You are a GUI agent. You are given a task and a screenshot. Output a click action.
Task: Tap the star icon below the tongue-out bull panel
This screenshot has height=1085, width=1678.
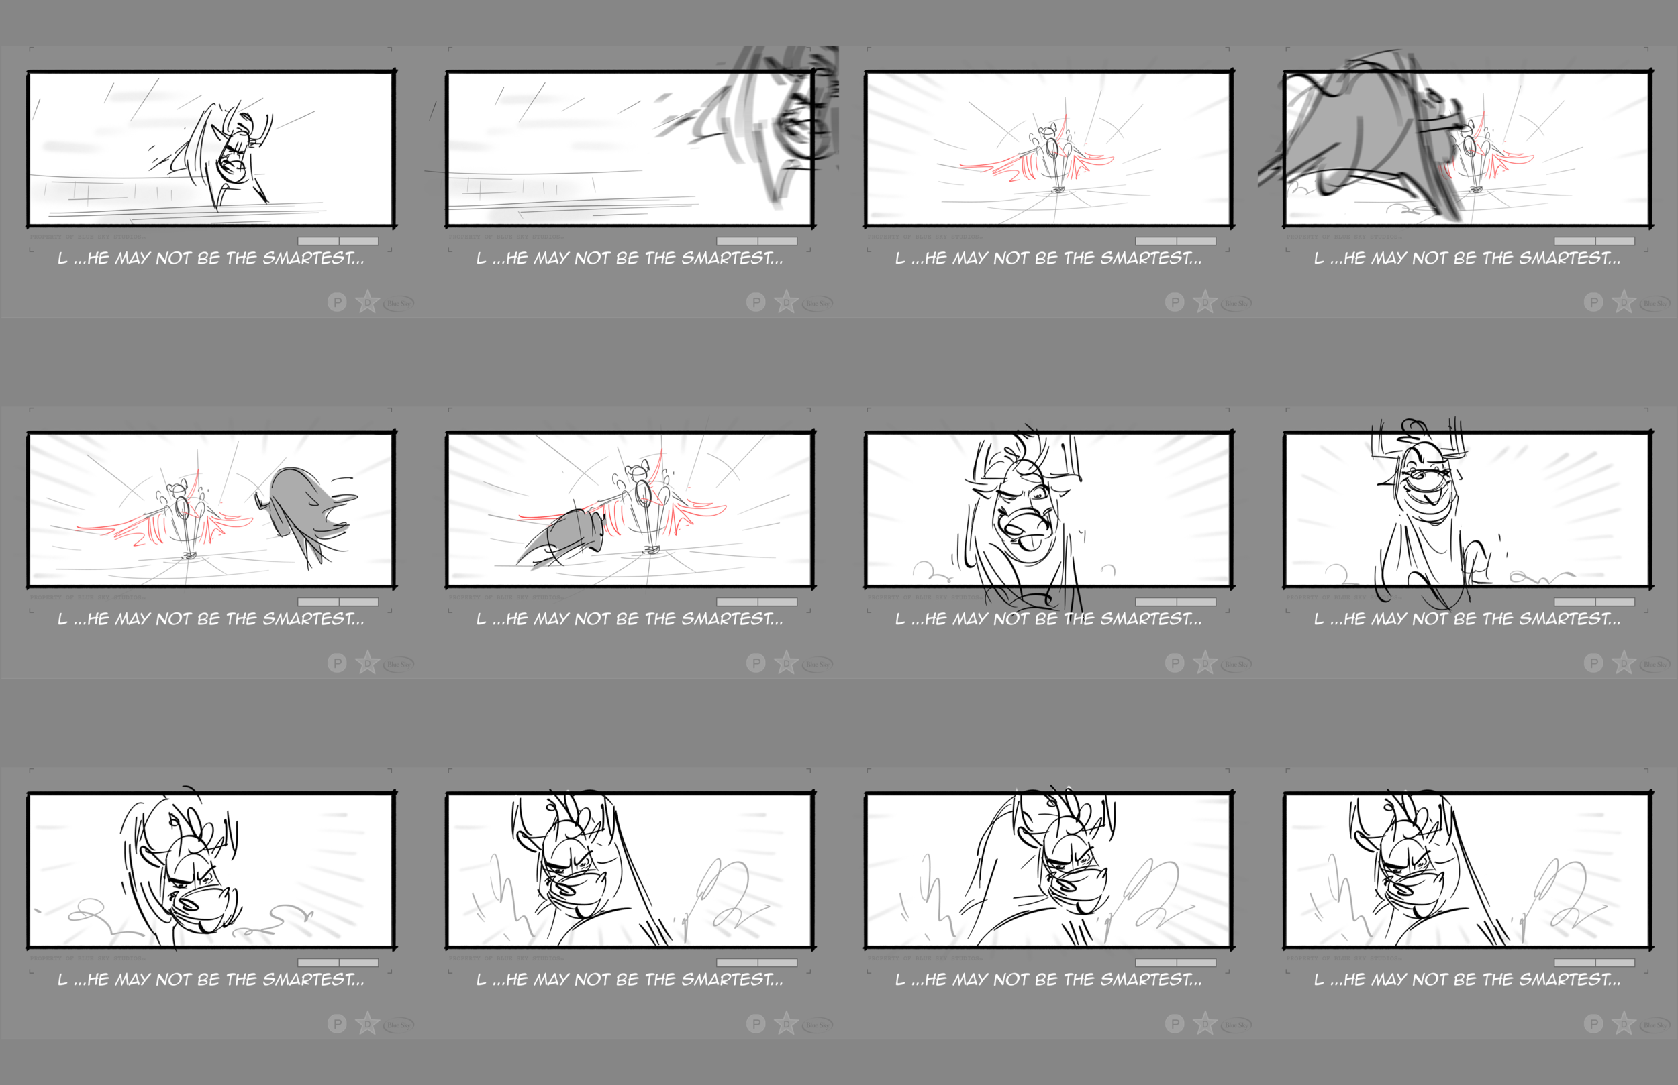(1205, 663)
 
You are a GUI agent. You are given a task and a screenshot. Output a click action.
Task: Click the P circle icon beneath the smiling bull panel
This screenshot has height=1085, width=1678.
(1593, 663)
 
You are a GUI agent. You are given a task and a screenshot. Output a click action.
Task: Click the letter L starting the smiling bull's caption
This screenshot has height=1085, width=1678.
(1318, 620)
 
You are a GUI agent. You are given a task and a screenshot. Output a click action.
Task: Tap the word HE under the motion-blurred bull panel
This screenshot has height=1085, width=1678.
(517, 259)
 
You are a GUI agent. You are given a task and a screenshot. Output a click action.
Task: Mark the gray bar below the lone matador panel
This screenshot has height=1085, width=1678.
(1175, 241)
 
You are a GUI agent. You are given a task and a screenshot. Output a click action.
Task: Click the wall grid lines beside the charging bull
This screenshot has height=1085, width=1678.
(99, 190)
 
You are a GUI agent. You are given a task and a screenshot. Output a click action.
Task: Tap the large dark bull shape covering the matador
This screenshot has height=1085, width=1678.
(1368, 134)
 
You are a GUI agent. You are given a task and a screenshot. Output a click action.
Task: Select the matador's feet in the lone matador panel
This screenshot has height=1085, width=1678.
(1057, 188)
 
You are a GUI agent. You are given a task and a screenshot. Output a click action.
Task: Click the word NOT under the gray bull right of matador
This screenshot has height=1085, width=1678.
(173, 620)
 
